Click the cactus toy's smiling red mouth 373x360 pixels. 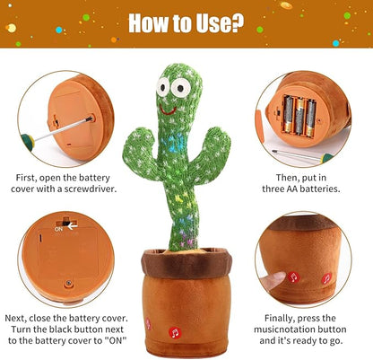pos(166,107)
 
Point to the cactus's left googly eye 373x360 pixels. pos(165,88)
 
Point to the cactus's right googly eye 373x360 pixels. pos(183,89)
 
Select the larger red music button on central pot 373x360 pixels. pos(174,332)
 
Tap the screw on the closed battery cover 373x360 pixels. pos(67,284)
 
